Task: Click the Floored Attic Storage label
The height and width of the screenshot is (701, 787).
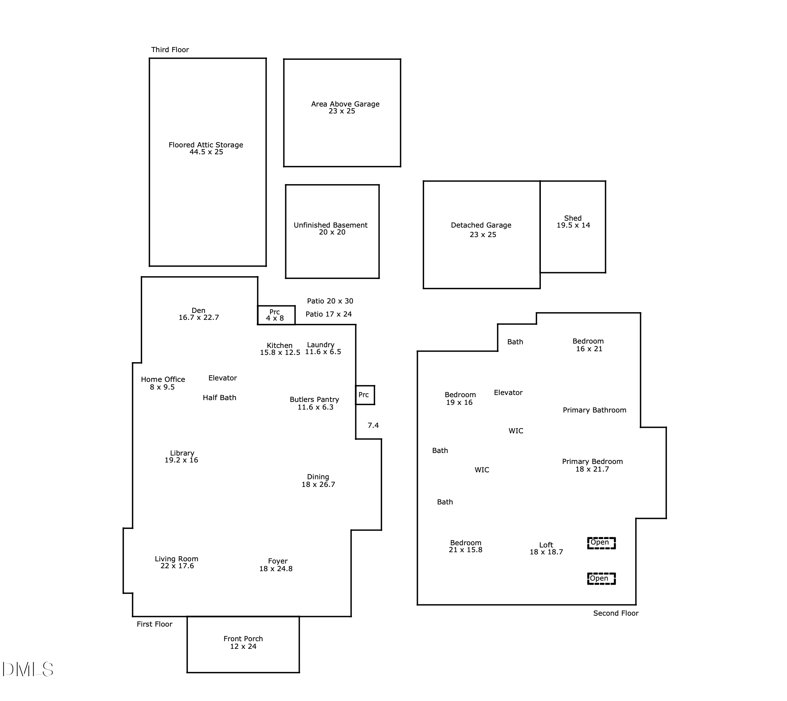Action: coord(206,145)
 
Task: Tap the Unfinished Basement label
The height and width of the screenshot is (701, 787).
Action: coord(330,225)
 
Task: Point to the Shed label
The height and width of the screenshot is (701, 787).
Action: coord(573,218)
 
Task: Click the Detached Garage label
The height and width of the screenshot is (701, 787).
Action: coord(481,225)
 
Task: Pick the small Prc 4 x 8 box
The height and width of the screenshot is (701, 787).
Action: coord(276,315)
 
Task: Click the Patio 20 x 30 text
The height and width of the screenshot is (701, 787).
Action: coord(330,301)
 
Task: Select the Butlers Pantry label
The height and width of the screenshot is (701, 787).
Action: coord(314,399)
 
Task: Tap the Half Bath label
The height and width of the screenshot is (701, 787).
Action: coord(220,398)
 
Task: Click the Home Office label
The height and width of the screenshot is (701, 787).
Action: coord(163,379)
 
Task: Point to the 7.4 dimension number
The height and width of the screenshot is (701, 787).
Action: coord(373,425)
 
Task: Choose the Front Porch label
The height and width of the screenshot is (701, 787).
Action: coord(243,638)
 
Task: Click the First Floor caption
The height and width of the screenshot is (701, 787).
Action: coord(154,624)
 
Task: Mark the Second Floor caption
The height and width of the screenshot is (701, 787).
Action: coord(616,613)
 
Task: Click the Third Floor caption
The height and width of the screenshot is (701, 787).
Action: coord(170,50)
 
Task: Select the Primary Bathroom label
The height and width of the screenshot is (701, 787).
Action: coord(594,410)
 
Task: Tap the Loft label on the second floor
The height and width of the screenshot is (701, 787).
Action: coord(546,545)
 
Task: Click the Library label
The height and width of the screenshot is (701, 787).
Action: coord(182,453)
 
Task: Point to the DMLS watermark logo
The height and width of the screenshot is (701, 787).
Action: coord(28,669)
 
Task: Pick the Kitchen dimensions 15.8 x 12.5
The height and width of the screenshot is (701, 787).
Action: coord(280,352)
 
